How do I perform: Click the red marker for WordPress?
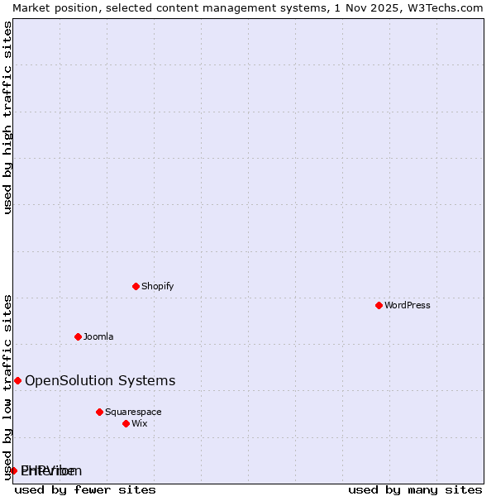point(379,305)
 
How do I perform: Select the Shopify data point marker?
point(136,286)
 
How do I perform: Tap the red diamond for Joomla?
point(78,336)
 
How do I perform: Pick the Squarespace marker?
point(99,412)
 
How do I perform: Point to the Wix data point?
point(126,423)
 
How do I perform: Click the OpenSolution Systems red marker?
point(17,380)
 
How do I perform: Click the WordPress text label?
point(408,305)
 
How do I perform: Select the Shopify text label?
point(158,286)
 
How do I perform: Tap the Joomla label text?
point(98,336)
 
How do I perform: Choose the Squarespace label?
point(133,412)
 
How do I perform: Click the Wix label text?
point(140,423)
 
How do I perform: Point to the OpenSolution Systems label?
point(100,380)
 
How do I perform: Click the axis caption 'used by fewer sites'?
point(85,489)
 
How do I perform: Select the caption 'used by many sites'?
point(415,489)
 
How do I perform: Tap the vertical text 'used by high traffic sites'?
point(7,117)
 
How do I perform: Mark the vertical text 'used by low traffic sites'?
point(7,387)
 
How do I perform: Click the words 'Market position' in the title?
point(50,7)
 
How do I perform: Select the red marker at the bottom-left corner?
point(13,470)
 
